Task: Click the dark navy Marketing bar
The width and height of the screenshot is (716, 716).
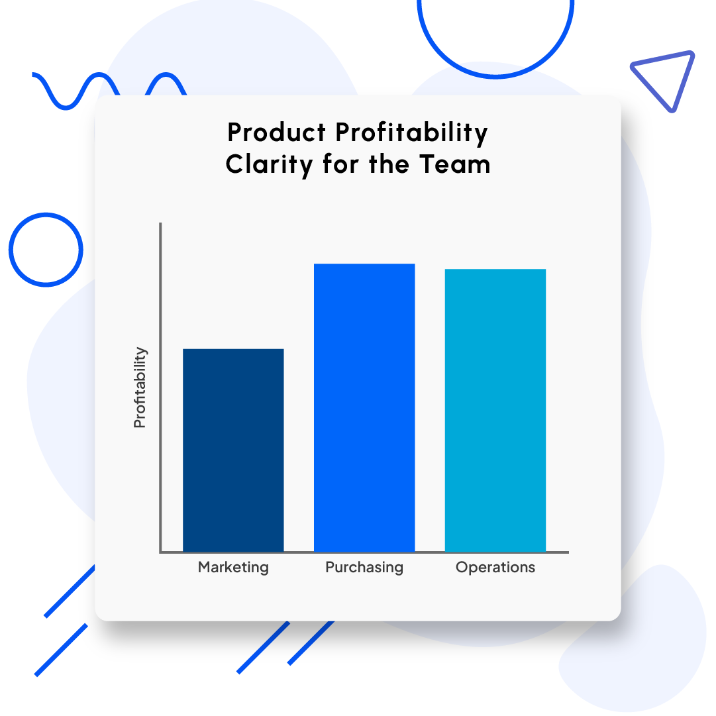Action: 233,450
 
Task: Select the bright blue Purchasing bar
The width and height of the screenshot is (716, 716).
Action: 364,407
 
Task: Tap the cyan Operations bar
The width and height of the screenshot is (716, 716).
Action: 495,410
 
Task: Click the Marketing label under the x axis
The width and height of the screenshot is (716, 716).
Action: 233,568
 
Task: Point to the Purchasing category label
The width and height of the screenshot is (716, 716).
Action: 364,568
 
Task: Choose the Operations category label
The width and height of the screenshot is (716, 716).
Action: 495,568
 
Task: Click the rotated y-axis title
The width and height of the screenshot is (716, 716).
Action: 140,387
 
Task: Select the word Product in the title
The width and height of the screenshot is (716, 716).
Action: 277,132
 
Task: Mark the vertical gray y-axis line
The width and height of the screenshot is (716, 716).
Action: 160,384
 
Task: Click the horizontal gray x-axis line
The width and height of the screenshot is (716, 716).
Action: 364,552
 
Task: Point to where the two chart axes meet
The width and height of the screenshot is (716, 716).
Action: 160,552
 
